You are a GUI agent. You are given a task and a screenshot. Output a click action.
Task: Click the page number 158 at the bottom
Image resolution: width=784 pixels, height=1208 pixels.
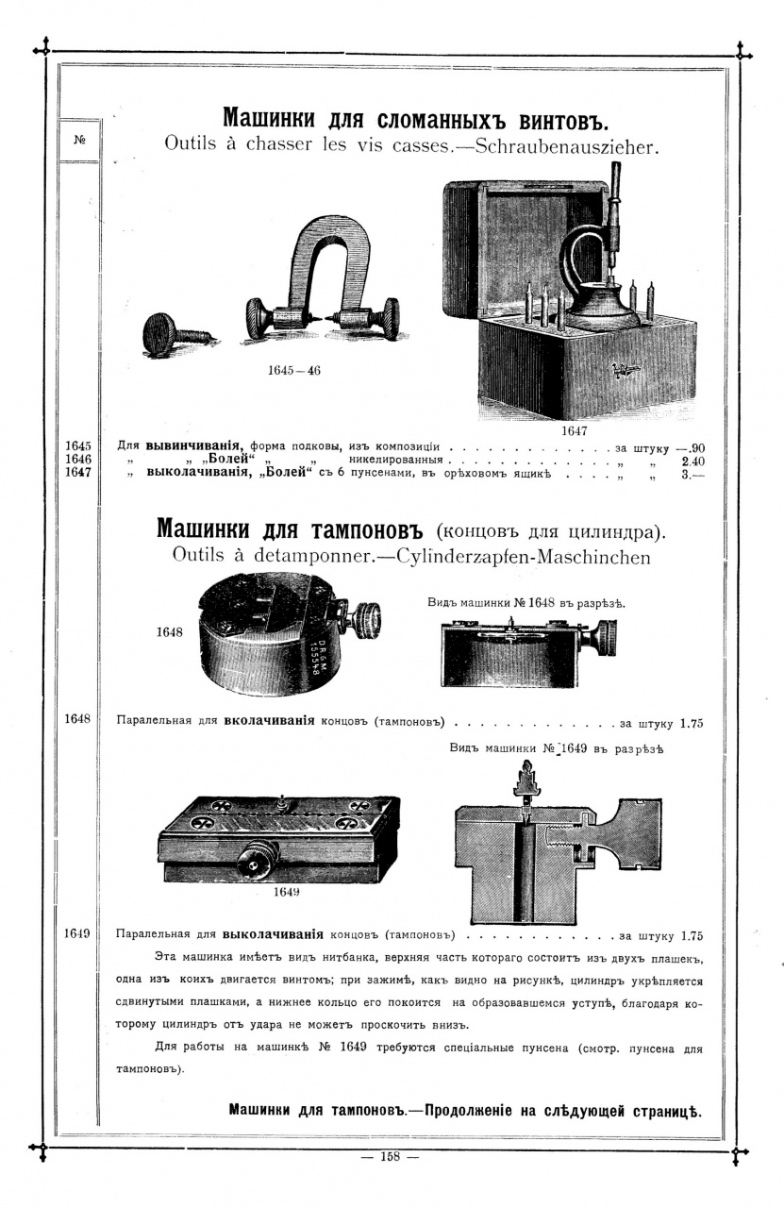tap(391, 1156)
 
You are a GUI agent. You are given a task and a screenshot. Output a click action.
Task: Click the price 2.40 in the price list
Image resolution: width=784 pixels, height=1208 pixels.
tap(692, 461)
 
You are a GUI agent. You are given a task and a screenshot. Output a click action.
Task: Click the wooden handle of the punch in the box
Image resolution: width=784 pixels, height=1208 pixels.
tap(614, 184)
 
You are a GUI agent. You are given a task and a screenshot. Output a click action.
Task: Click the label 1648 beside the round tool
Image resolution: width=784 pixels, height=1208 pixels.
tap(170, 632)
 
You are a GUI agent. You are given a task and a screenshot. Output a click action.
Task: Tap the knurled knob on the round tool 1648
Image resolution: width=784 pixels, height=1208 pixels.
tap(365, 618)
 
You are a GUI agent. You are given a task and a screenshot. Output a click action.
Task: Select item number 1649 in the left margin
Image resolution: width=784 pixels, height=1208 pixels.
tap(77, 933)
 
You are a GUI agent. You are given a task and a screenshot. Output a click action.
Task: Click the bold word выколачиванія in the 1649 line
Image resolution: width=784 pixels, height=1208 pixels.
tap(274, 936)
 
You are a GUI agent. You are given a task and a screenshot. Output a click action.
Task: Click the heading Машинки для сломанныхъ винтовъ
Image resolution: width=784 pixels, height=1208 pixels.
tap(416, 120)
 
